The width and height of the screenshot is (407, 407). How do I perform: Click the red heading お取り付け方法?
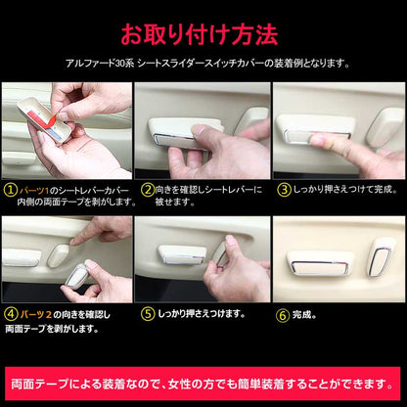pyautogui.click(x=200, y=34)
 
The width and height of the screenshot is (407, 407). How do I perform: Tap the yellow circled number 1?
pyautogui.click(x=11, y=190)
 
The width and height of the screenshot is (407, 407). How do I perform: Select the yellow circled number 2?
pyautogui.click(x=148, y=190)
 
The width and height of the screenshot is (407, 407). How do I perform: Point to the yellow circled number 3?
pyautogui.click(x=284, y=190)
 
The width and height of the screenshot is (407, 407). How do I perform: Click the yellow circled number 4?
pyautogui.click(x=11, y=315)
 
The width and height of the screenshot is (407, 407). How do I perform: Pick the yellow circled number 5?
pyautogui.click(x=148, y=314)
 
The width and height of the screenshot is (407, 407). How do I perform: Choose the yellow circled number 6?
pyautogui.click(x=283, y=315)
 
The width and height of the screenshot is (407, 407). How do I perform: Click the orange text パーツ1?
pyautogui.click(x=34, y=190)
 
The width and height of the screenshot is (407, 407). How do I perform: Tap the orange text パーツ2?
pyautogui.click(x=36, y=315)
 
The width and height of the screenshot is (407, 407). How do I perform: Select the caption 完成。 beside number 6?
pyautogui.click(x=304, y=315)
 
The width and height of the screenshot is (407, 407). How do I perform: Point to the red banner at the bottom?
pyautogui.click(x=203, y=384)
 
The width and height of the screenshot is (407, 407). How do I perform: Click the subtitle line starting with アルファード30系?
pyautogui.click(x=207, y=63)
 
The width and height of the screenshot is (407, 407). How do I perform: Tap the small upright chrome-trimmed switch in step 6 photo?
pyautogui.click(x=381, y=257)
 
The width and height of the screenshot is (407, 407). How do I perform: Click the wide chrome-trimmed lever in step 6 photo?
pyautogui.click(x=320, y=264)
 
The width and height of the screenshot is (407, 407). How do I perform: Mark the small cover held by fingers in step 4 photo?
pyautogui.click(x=76, y=276)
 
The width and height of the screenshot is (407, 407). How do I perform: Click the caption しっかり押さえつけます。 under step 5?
pyautogui.click(x=202, y=314)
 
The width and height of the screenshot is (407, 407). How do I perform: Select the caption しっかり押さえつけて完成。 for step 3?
pyautogui.click(x=345, y=190)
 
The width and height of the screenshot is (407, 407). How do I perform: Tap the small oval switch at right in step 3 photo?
pyautogui.click(x=384, y=127)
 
